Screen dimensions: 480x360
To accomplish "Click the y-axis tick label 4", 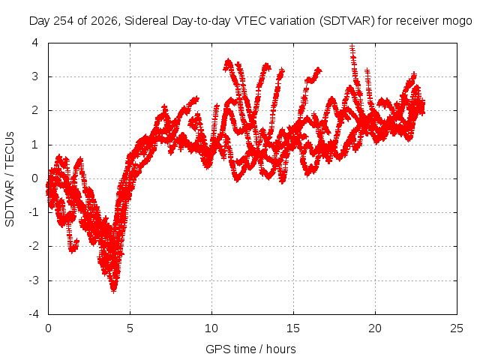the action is click(x=35, y=43).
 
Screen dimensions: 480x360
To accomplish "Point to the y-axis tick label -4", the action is click(x=34, y=314).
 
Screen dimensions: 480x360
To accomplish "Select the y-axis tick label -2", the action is click(x=34, y=246).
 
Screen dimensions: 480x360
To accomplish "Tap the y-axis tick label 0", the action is click(x=35, y=178).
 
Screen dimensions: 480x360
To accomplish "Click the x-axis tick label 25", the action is click(x=457, y=328).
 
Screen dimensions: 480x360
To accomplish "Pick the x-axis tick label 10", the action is click(x=211, y=328).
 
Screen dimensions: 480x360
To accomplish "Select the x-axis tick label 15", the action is click(x=293, y=328).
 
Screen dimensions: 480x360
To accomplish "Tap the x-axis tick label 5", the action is click(x=130, y=328).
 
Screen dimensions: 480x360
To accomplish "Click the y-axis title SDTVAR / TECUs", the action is click(x=10, y=179).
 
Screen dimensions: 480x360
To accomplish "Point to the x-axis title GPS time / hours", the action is click(x=250, y=349).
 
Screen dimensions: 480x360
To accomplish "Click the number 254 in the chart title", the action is click(x=63, y=21).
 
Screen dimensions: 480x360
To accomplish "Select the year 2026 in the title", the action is click(x=104, y=21).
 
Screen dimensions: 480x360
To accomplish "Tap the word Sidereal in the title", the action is click(x=146, y=21).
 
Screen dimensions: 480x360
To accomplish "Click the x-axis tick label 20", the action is click(x=375, y=328).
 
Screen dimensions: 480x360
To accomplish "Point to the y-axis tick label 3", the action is click(x=35, y=76).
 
